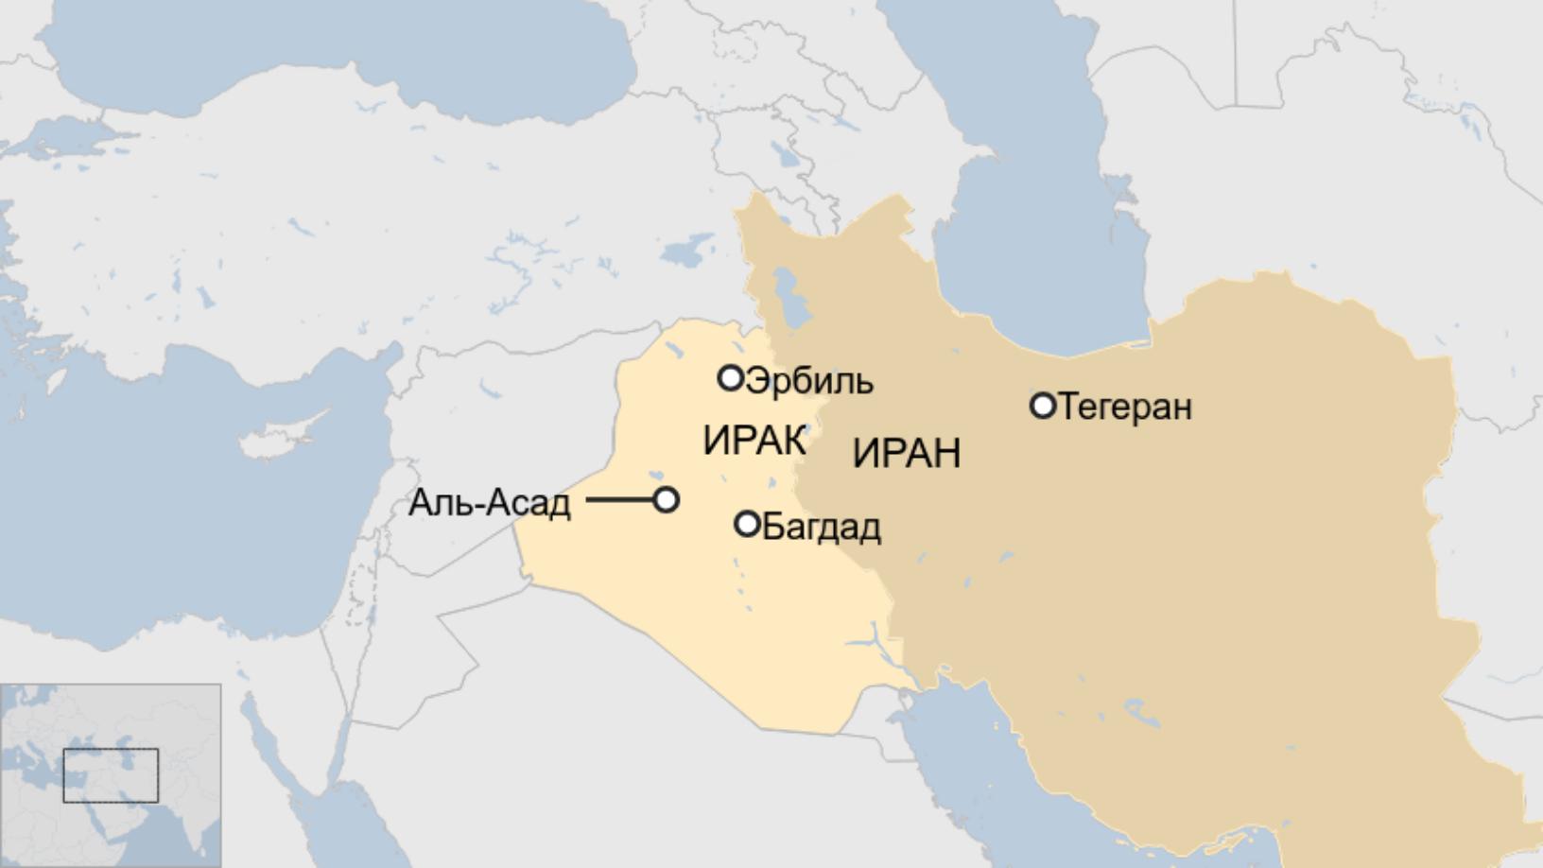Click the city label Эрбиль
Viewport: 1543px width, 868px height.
[x=809, y=382]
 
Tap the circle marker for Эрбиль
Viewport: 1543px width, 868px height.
[x=730, y=378]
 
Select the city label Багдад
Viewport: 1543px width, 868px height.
[x=821, y=527]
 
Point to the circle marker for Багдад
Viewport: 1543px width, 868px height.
[x=747, y=523]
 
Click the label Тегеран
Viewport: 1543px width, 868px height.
[x=1125, y=408]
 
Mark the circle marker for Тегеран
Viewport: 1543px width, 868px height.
[x=1042, y=406]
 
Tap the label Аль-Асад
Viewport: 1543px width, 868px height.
[x=490, y=503]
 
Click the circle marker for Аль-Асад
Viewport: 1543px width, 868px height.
[x=667, y=499]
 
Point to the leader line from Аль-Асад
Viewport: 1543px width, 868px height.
[x=619, y=499]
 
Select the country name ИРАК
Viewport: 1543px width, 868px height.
[x=754, y=442]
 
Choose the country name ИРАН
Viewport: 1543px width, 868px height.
[x=906, y=454]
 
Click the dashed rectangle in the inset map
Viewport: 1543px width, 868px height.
[x=111, y=775]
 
